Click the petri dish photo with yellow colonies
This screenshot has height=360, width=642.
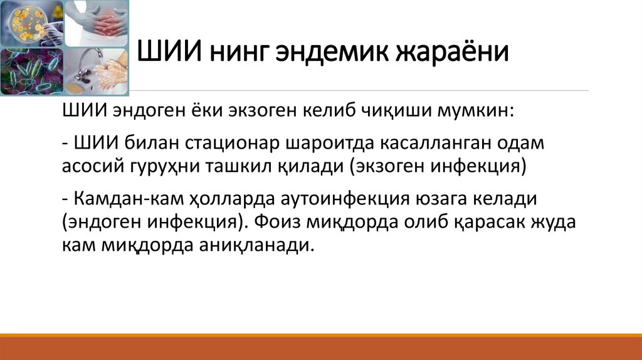31,23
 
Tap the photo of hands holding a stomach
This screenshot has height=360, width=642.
97,23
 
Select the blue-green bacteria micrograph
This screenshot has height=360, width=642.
31,72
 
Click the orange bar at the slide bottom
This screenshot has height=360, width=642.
321,347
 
